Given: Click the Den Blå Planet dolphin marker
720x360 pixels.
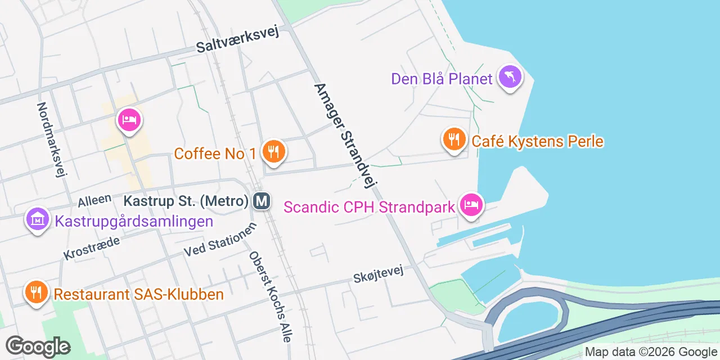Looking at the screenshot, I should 510,77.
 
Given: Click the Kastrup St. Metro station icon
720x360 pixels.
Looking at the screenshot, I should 261,200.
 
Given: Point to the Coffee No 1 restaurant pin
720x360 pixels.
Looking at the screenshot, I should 273,152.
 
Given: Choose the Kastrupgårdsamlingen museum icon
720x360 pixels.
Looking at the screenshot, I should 37,219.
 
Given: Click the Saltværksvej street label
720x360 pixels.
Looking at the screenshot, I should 237,40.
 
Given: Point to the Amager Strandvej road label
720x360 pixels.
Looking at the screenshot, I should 345,135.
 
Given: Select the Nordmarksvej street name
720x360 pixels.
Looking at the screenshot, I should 52,139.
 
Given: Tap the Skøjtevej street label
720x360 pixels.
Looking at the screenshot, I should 379,275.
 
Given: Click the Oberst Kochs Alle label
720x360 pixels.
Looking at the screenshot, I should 270,296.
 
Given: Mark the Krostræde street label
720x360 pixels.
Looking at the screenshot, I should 92,248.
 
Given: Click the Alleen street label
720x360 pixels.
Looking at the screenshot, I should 94,200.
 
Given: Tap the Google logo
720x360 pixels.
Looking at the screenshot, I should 38,346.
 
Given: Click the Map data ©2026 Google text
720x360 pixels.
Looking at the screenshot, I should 650,352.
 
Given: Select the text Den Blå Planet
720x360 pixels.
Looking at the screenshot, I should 442,79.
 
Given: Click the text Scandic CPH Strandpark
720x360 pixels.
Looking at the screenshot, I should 369,207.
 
